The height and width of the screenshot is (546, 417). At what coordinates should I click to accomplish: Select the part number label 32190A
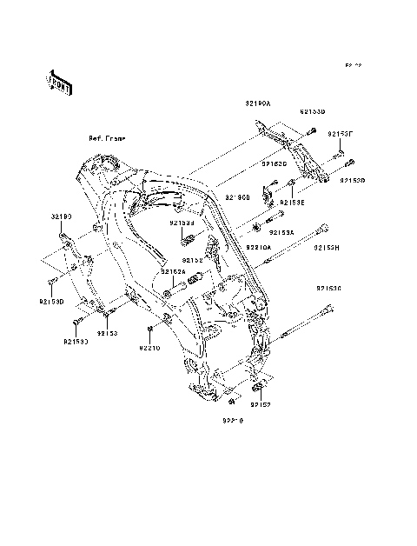point(257,103)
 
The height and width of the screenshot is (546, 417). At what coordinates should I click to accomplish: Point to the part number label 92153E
point(291,201)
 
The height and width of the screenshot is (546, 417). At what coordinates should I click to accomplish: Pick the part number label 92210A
point(259,247)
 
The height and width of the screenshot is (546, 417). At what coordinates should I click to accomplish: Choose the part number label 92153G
point(328,288)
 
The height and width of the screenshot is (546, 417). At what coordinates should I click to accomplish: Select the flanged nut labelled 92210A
point(258,229)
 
